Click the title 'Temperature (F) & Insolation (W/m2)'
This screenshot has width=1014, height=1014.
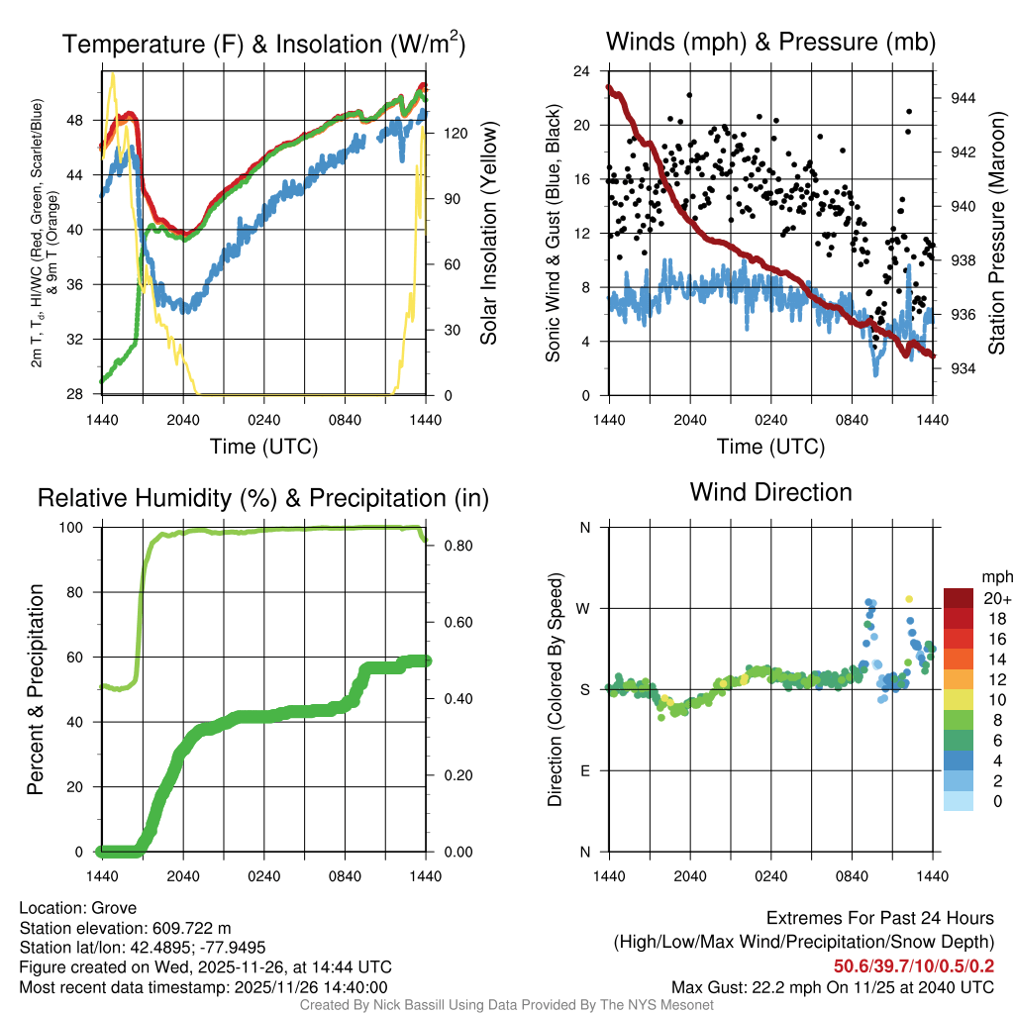tap(263, 45)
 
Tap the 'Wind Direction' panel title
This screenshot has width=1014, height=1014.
tap(770, 492)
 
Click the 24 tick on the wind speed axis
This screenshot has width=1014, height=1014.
tap(581, 71)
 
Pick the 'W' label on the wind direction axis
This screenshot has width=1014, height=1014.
tap(584, 608)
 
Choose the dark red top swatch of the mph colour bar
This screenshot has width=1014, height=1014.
tap(959, 599)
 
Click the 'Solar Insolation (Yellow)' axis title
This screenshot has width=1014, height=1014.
tap(488, 234)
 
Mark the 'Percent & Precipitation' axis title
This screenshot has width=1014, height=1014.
tap(37, 689)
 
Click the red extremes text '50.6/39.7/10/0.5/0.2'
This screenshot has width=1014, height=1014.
tap(914, 967)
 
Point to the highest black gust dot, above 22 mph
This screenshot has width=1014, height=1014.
tap(689, 95)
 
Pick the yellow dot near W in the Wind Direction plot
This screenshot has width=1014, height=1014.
tap(909, 599)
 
